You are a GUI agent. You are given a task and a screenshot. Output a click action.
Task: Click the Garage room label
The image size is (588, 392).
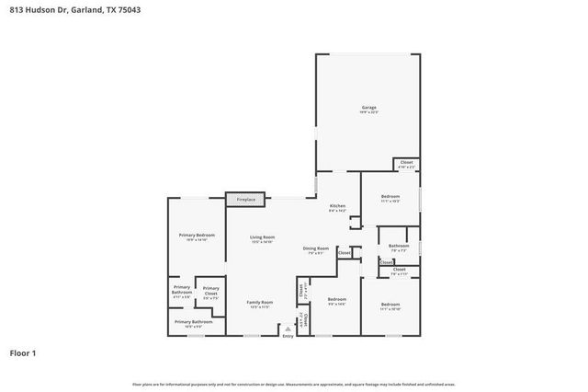368,108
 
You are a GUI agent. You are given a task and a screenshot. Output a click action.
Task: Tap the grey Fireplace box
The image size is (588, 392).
246,199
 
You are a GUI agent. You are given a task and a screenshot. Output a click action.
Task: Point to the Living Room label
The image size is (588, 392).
263,237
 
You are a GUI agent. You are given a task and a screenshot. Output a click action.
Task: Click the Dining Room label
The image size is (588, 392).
316,248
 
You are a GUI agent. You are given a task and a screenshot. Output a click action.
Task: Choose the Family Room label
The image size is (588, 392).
260,302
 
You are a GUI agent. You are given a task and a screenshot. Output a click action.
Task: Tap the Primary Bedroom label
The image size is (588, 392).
195,236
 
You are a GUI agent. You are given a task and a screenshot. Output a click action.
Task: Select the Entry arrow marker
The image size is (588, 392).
288,328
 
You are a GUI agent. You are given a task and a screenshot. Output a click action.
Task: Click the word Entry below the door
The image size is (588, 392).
288,336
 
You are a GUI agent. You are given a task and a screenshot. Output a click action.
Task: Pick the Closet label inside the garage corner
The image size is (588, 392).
406,163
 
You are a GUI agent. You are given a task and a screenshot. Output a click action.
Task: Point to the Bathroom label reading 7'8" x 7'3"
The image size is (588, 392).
399,246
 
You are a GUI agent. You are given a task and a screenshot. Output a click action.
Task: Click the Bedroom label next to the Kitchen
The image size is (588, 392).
390,196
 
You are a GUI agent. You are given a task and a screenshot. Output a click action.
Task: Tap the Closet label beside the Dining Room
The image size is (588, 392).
344,252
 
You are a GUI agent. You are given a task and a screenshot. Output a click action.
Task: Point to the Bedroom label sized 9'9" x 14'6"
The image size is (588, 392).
337,299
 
